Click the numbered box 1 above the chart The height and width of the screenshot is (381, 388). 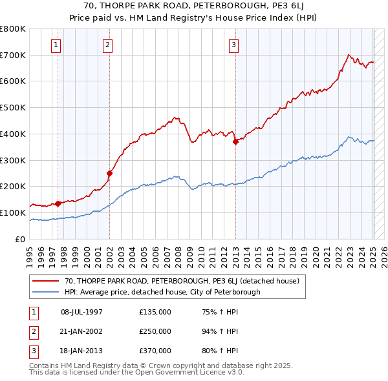coord(57,45)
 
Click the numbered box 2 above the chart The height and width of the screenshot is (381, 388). coord(107,45)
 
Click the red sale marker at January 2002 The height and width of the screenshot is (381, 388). coord(110,173)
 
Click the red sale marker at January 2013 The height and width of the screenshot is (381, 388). coord(235,142)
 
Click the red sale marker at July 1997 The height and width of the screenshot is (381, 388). coord(58,203)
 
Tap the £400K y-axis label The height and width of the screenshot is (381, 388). coord(13,134)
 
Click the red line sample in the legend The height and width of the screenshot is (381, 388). coord(46,282)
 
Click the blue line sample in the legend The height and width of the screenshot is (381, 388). coord(46,292)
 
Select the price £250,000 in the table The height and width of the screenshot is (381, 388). coord(155,331)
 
